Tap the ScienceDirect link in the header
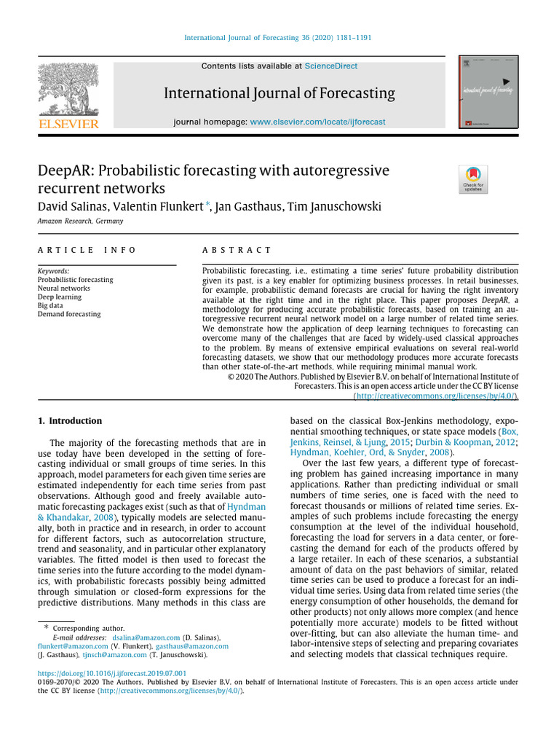[331, 66]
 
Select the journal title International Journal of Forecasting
[279, 93]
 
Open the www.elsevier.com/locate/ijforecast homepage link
[317, 122]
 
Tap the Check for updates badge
[473, 179]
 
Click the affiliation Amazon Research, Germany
[80, 221]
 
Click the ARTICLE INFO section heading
[87, 250]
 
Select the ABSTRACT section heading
[237, 250]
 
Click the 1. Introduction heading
[70, 421]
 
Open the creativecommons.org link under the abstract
[436, 396]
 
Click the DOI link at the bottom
[112, 673]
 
